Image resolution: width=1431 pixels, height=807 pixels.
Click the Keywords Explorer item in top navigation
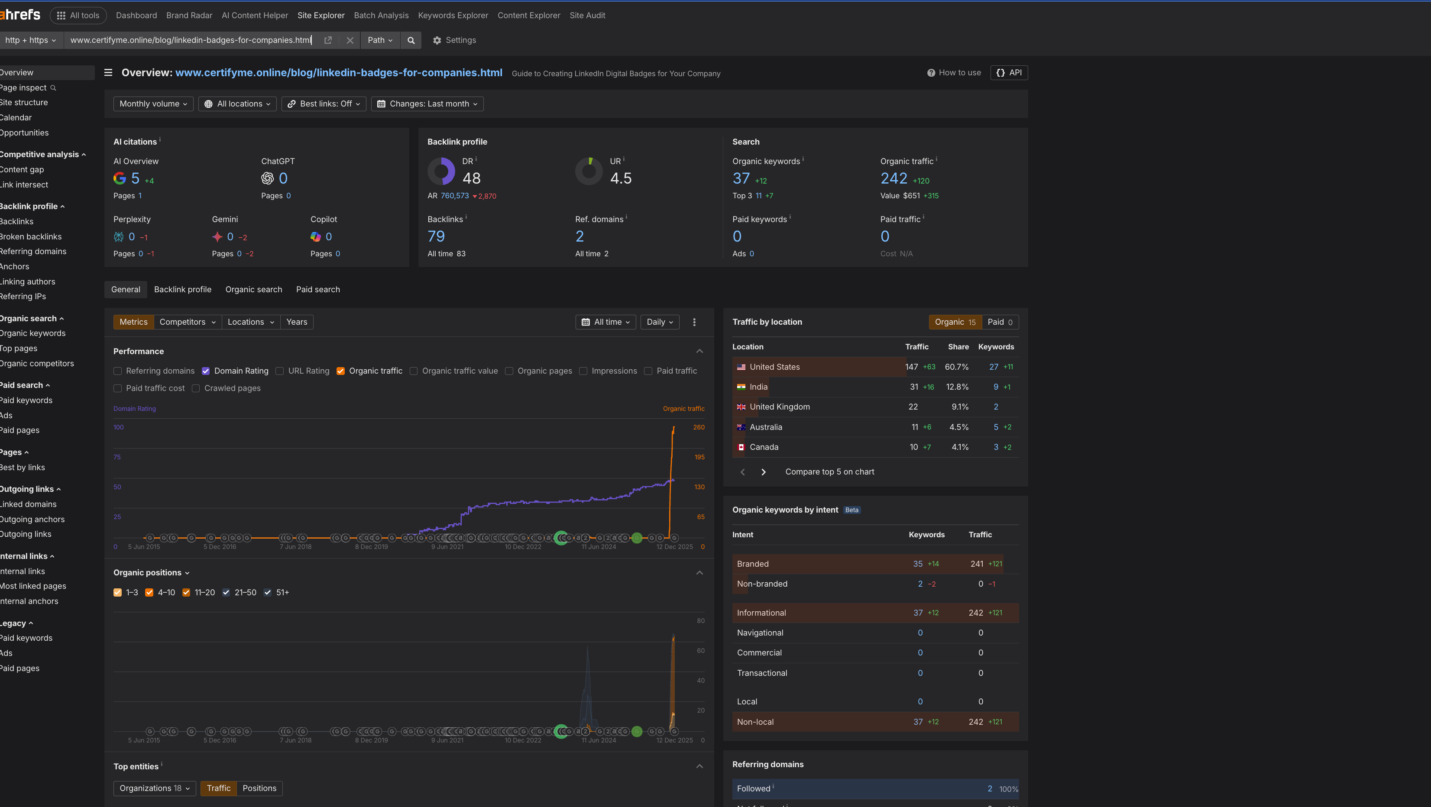453,16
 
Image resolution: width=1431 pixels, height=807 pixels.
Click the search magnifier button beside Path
411,40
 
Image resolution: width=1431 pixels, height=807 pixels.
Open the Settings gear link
454,40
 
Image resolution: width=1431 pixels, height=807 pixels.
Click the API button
1009,73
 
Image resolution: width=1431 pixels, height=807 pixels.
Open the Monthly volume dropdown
153,104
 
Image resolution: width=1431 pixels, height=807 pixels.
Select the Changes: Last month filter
427,104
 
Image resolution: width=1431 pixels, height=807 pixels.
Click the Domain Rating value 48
471,178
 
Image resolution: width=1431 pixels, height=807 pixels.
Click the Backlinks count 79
436,236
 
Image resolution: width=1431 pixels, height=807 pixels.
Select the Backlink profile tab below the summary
182,289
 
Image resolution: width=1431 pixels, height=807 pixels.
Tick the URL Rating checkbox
280,371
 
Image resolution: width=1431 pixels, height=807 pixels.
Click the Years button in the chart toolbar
297,322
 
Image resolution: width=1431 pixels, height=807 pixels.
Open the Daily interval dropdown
659,322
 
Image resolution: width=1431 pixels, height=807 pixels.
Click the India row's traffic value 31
914,387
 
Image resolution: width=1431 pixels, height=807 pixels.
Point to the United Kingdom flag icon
741,407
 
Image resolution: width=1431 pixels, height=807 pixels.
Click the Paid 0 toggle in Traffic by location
999,322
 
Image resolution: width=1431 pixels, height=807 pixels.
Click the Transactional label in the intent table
761,673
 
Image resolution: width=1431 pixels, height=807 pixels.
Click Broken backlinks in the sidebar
31,236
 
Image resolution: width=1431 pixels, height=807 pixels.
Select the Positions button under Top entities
259,788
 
